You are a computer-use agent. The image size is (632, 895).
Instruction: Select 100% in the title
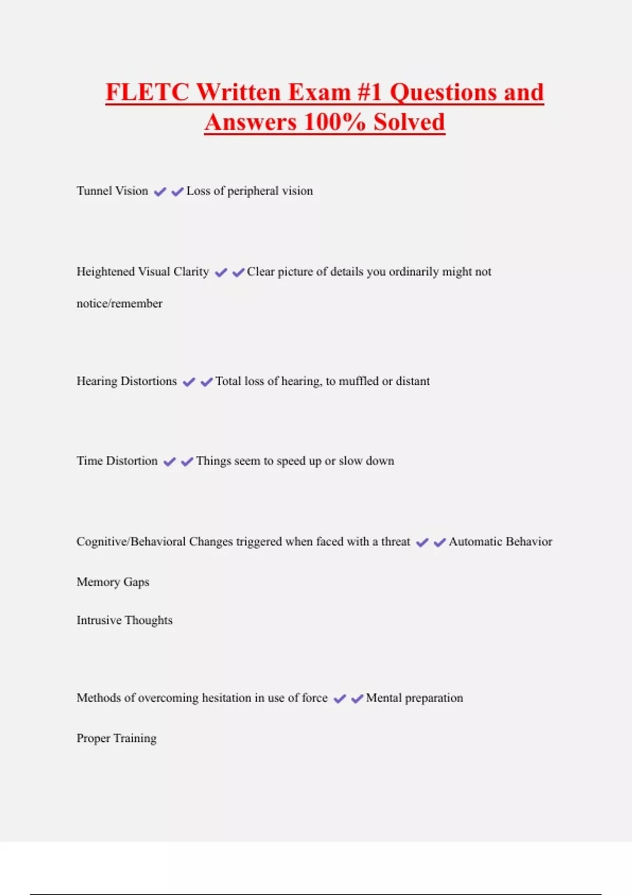[x=334, y=122]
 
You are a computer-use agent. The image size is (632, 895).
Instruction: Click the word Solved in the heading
[x=409, y=122]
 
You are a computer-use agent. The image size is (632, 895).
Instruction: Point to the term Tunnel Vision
[x=112, y=191]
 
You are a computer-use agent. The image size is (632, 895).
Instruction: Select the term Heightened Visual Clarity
[x=143, y=272]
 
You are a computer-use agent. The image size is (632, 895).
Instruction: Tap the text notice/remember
[x=120, y=304]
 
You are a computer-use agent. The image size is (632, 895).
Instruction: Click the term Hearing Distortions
[x=126, y=381]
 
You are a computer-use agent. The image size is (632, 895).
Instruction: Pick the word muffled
[x=358, y=381]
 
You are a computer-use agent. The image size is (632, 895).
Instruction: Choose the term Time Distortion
[x=117, y=461]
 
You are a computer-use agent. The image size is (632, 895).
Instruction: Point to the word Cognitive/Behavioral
[x=131, y=542]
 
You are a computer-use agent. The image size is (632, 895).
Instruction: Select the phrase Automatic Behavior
[x=500, y=542]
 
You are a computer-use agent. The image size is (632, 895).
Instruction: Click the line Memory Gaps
[x=113, y=582]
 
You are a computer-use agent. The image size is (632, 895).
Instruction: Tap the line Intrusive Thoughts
[x=124, y=620]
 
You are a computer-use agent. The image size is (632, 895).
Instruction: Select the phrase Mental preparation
[x=414, y=698]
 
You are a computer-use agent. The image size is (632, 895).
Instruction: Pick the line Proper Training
[x=116, y=738]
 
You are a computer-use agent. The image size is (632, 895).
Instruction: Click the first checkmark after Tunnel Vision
[x=160, y=192]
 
